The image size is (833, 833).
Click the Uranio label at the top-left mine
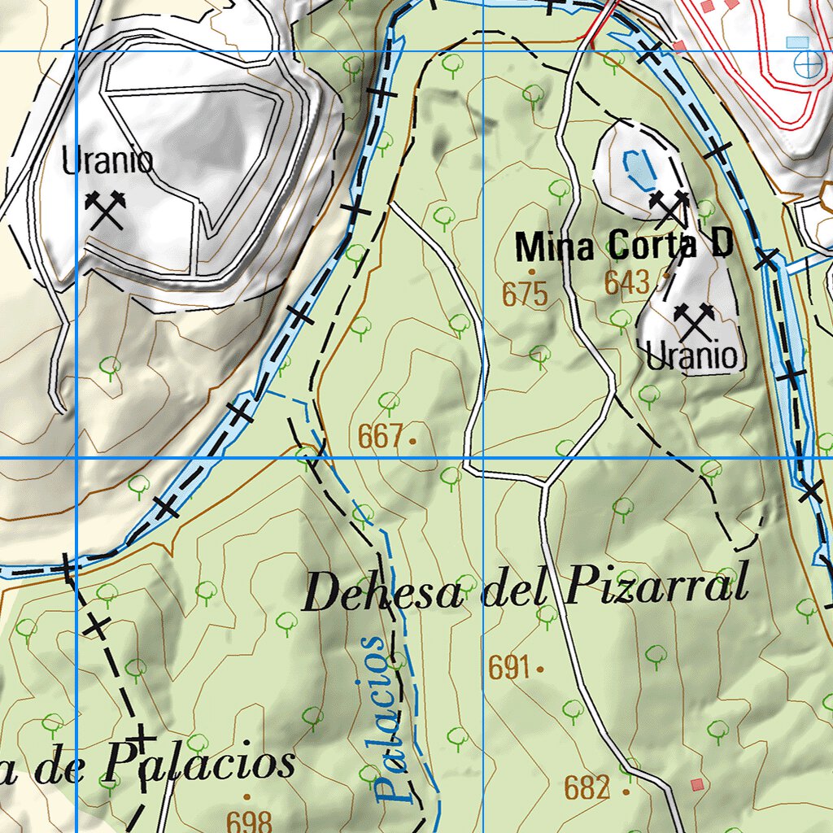point(107,161)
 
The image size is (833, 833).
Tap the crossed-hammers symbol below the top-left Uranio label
point(106,210)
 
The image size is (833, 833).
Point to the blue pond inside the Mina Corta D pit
point(638,168)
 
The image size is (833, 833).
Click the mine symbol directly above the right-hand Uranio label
point(694,322)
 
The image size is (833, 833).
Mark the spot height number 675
point(525,294)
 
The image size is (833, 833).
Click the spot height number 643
point(627,283)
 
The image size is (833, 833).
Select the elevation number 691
point(509,668)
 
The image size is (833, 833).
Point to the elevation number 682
point(587,787)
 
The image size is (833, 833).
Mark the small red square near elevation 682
point(696,784)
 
